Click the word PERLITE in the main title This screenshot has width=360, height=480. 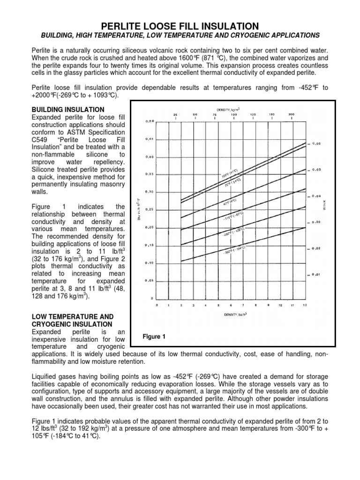(126, 26)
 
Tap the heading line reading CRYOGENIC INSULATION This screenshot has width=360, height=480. (72, 324)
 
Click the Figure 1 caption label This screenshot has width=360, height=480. (155, 337)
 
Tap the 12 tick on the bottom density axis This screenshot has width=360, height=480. (305, 305)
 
